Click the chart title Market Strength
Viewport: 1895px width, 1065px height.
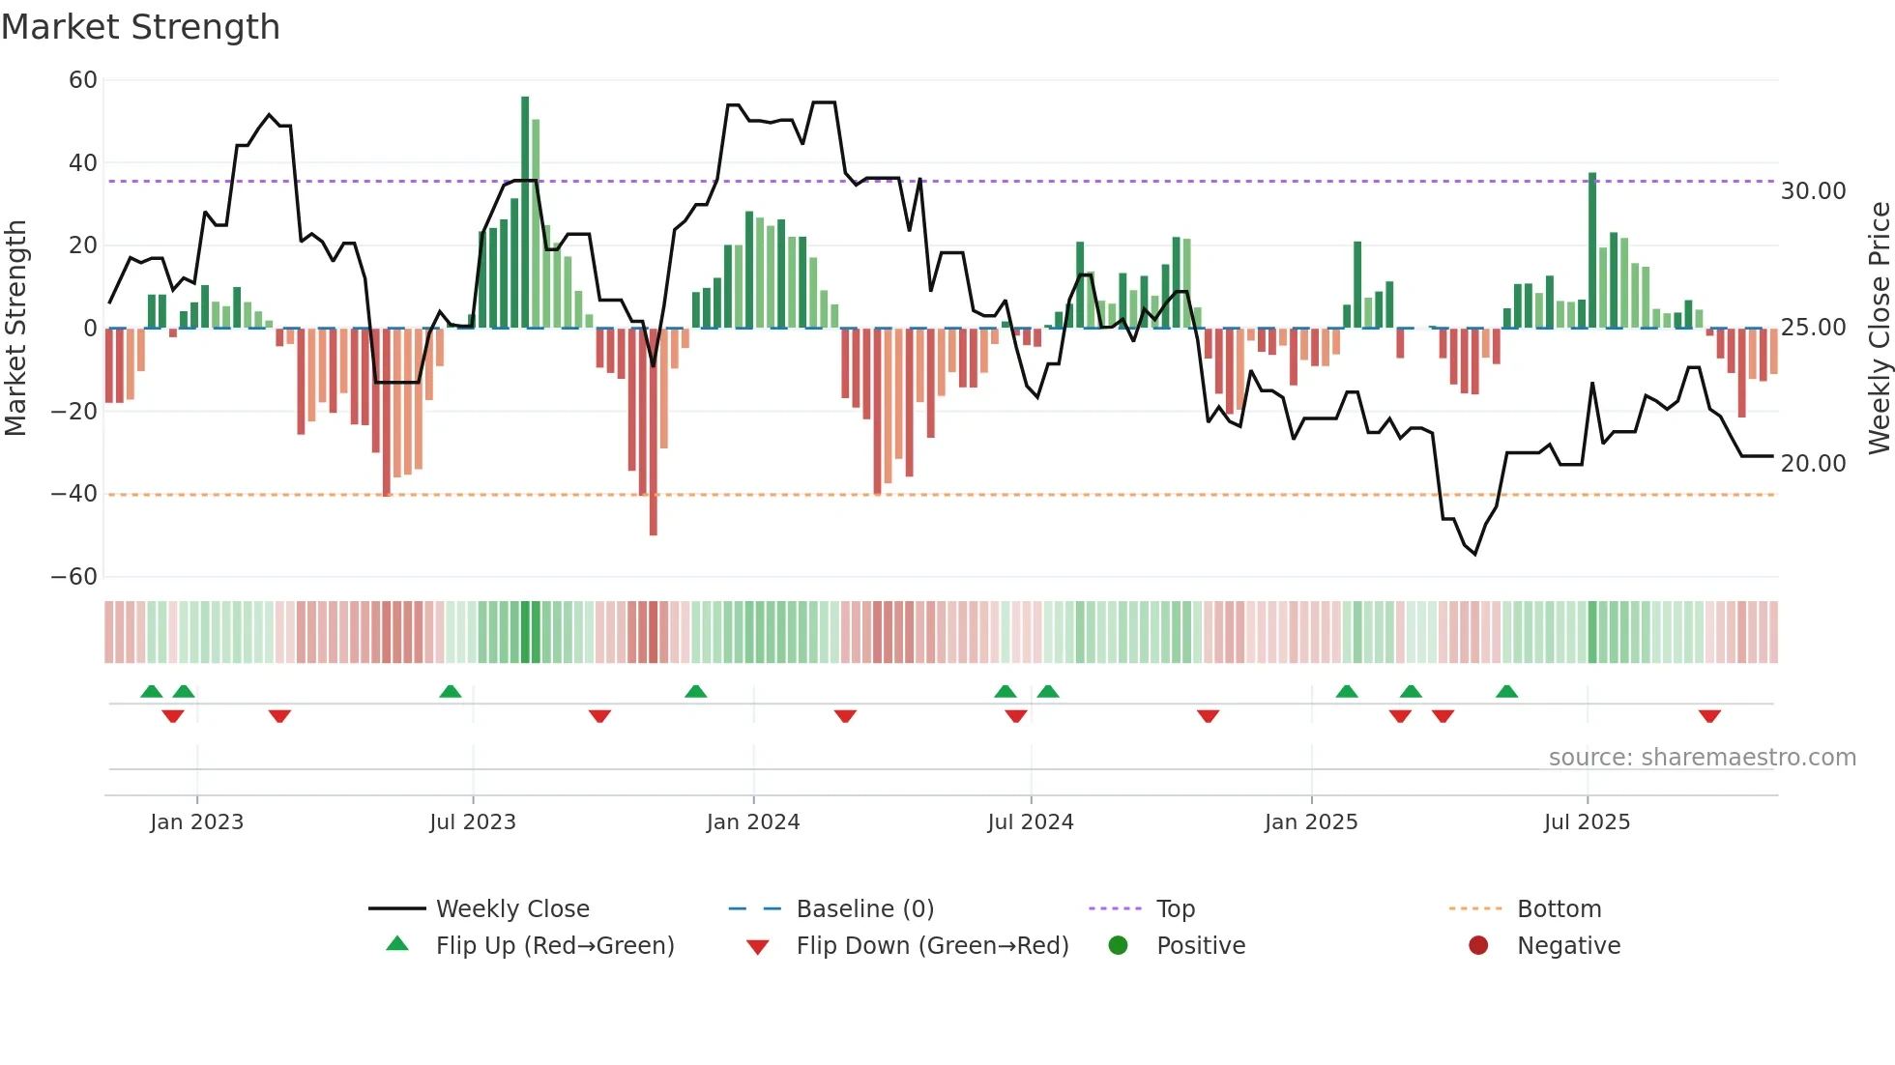tap(140, 27)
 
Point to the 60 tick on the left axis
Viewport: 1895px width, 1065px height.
tap(83, 80)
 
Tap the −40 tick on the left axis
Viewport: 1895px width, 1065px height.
tap(74, 494)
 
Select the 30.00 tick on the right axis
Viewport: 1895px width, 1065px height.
tap(1813, 191)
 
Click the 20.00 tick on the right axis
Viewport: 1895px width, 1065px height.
tap(1813, 464)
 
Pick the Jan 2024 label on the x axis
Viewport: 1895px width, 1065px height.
tap(752, 822)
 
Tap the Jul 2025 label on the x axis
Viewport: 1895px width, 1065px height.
tap(1586, 822)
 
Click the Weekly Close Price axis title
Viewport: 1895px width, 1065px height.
tap(1879, 328)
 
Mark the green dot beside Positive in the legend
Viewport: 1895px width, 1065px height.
tap(1119, 946)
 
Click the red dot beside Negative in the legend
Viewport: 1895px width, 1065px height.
tap(1478, 946)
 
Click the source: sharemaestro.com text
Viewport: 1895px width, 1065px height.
tap(1702, 758)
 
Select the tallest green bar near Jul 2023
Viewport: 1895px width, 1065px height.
tap(525, 213)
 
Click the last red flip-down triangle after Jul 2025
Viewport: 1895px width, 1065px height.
tap(1709, 716)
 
